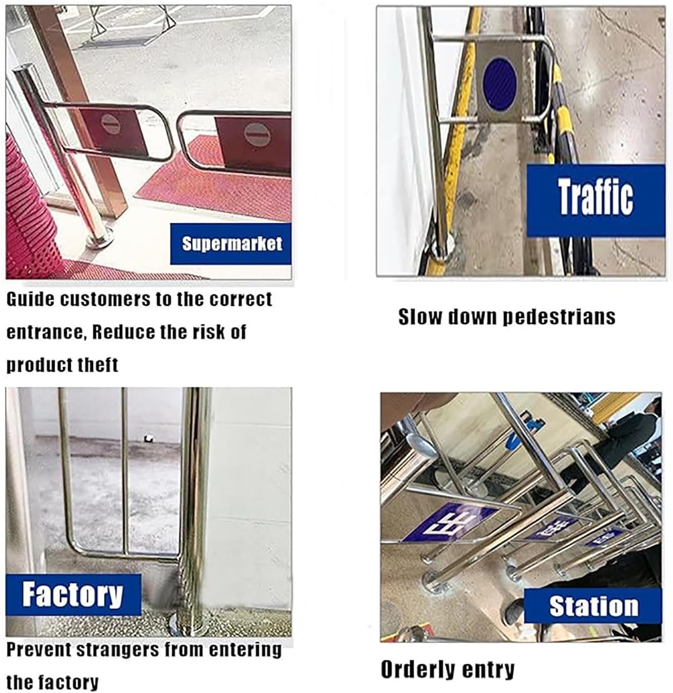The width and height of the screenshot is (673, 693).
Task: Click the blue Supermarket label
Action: pyautogui.click(x=231, y=244)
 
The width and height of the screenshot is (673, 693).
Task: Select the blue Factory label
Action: pyautogui.click(x=73, y=594)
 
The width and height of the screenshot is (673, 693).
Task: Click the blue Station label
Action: pyautogui.click(x=593, y=606)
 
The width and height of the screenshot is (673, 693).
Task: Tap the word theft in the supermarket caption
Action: pyautogui.click(x=98, y=365)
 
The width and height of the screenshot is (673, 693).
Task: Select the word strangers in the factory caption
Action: pyautogui.click(x=116, y=650)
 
